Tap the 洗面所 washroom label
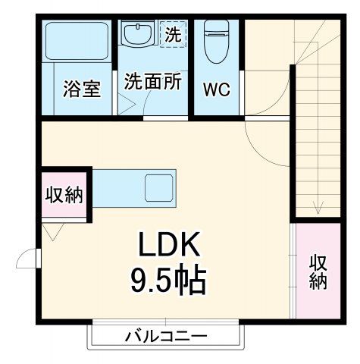click(x=152, y=81)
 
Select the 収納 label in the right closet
click(x=318, y=271)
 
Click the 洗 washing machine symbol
click(x=174, y=34)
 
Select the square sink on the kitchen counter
click(x=159, y=187)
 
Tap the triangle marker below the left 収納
click(x=52, y=231)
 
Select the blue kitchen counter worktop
click(x=121, y=187)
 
